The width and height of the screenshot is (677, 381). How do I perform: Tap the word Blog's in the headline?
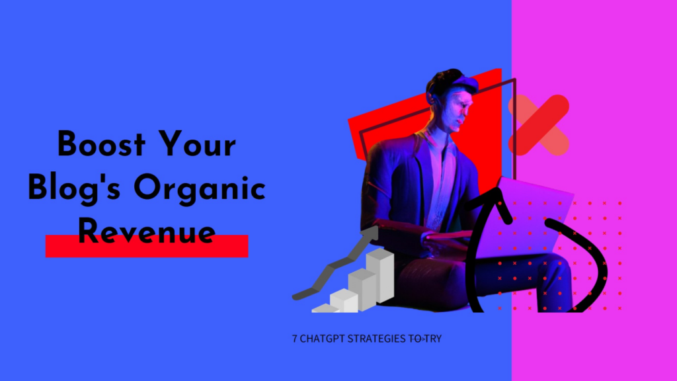[74, 189]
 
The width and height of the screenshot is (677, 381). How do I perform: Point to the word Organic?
[200, 189]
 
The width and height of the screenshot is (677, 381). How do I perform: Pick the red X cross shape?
[538, 125]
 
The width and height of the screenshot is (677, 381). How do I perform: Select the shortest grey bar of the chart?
[325, 308]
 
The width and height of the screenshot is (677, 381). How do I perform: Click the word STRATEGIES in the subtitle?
[376, 339]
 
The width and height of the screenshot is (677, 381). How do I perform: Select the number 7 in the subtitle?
[294, 339]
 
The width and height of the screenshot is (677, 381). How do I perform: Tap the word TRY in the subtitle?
[432, 339]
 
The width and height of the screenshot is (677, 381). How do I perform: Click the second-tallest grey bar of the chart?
[362, 289]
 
